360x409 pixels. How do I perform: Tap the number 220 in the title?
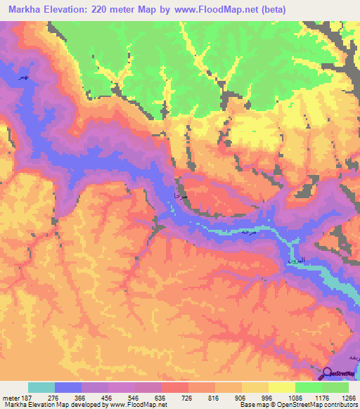[x=103, y=10]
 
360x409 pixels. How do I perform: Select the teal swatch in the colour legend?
[x=41, y=387]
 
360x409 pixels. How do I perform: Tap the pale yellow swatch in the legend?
[x=281, y=387]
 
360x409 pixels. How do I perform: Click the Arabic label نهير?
[x=25, y=77]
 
